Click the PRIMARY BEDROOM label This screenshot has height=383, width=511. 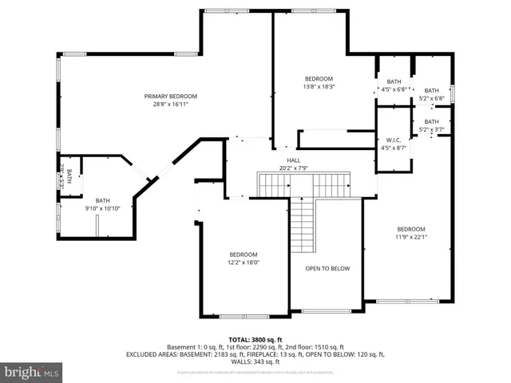coord(170,97)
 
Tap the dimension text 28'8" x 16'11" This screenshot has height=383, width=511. coord(170,104)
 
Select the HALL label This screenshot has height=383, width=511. coord(294,160)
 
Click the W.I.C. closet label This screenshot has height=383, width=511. coord(393,140)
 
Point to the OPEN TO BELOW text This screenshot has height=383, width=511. coord(327,268)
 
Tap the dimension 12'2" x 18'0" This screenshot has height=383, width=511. coord(244,262)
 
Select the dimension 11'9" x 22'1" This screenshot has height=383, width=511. coord(411,236)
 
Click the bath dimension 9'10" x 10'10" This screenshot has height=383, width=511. coord(103,208)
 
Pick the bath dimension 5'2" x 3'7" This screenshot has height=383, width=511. coord(431,129)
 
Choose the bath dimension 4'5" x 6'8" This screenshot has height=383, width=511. coord(394,89)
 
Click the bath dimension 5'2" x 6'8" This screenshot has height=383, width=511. coord(431,98)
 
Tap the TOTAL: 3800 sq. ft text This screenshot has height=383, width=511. coord(255,339)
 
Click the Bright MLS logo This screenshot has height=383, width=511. coord(32,372)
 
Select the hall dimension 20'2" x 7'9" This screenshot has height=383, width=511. coord(294,168)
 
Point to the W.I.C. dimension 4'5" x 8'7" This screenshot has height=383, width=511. coord(393,148)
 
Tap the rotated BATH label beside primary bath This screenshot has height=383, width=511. coord(69,175)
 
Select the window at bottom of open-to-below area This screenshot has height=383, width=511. coord(327,310)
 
